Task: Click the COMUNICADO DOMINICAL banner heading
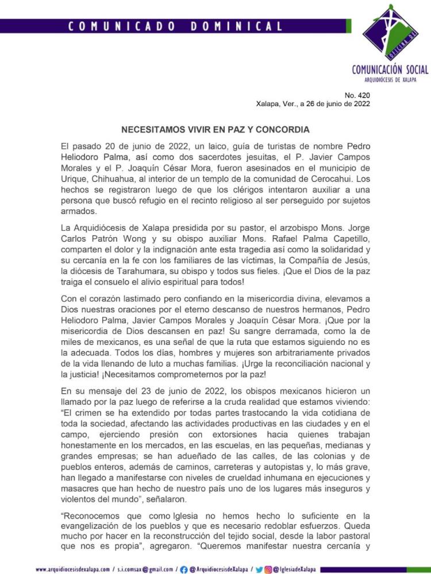point(175,26)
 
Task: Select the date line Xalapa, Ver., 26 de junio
point(313,104)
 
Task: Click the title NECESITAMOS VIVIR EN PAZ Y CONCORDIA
point(215,130)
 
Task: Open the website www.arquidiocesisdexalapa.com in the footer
point(72,568)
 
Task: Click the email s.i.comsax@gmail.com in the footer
point(144,568)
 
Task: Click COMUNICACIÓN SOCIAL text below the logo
point(390,69)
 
